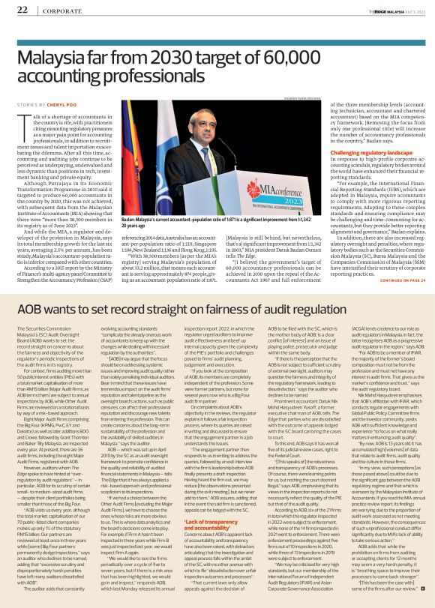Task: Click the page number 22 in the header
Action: (x=22, y=10)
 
